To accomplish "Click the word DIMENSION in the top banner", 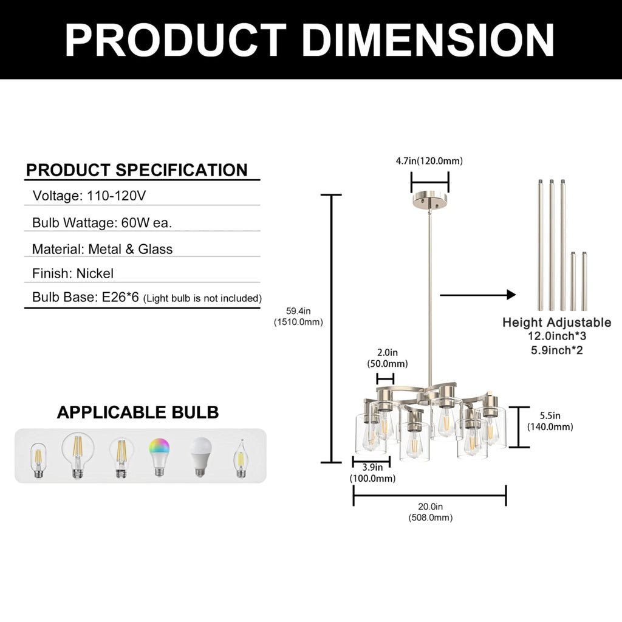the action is [428, 40].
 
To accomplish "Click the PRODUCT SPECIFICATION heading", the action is [137, 170].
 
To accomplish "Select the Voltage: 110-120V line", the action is [89, 196].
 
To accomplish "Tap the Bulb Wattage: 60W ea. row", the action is [102, 222].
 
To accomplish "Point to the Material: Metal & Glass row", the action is [102, 249].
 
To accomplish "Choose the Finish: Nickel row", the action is [73, 273].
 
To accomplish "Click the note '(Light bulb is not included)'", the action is [202, 298].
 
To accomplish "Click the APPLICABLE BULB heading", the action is [138, 412].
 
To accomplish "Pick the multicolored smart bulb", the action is [160, 457].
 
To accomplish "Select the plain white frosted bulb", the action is [200, 457].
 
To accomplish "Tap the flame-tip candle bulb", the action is [240, 458].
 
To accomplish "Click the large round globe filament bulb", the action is [78, 456].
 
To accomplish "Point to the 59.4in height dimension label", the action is [298, 316].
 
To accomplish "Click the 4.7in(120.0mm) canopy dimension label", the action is [429, 161].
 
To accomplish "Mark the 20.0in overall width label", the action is [431, 511].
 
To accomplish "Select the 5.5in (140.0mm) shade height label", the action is [550, 421].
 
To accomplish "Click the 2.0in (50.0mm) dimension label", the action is [387, 358].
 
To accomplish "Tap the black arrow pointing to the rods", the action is [477, 295].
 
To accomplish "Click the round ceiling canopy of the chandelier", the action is [430, 200].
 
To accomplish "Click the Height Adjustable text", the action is [557, 322].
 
